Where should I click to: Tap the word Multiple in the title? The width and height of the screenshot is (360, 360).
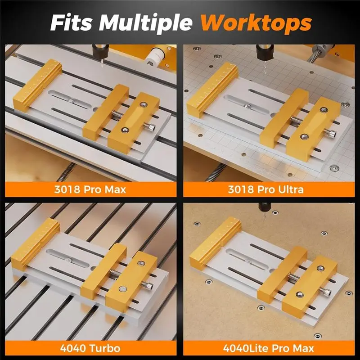pos(144,22)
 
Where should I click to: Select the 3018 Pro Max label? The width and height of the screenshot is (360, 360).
pos(90,189)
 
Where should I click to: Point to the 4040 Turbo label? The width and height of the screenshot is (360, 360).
pos(90,348)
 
